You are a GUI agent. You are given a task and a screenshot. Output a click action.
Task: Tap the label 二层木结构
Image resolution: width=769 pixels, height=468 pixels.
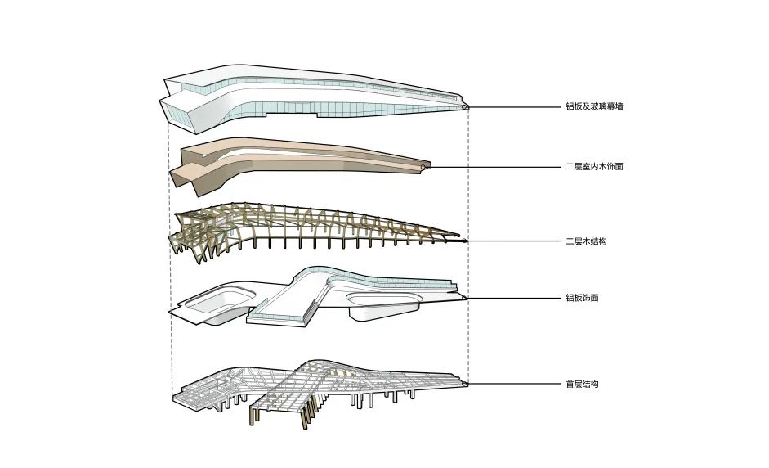tap(585, 242)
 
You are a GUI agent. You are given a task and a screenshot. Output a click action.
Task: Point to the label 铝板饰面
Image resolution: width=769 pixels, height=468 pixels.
tap(583, 299)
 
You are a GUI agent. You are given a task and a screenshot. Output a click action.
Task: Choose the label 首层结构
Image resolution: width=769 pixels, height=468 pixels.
tap(583, 384)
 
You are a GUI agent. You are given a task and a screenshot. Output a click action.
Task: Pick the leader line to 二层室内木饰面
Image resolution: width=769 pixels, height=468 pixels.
tap(490, 167)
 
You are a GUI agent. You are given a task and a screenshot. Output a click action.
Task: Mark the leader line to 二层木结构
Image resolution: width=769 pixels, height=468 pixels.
tap(511, 242)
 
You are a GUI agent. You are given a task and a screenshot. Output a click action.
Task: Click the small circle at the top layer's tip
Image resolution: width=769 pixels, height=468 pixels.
tap(465, 106)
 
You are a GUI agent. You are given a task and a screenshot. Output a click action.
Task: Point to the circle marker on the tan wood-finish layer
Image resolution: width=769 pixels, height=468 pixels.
tap(423, 167)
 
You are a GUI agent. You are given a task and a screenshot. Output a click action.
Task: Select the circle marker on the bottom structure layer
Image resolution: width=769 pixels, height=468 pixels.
tap(464, 383)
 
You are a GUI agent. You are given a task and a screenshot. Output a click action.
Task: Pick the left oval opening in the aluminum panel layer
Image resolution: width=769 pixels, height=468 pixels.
tap(214, 300)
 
